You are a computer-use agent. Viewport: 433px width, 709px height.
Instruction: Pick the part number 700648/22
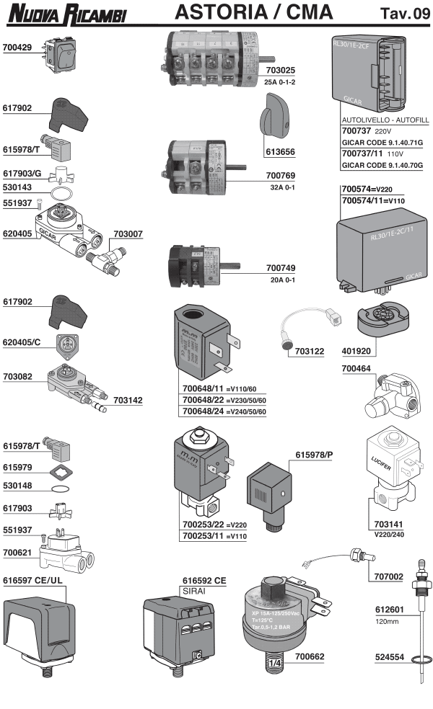202,399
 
